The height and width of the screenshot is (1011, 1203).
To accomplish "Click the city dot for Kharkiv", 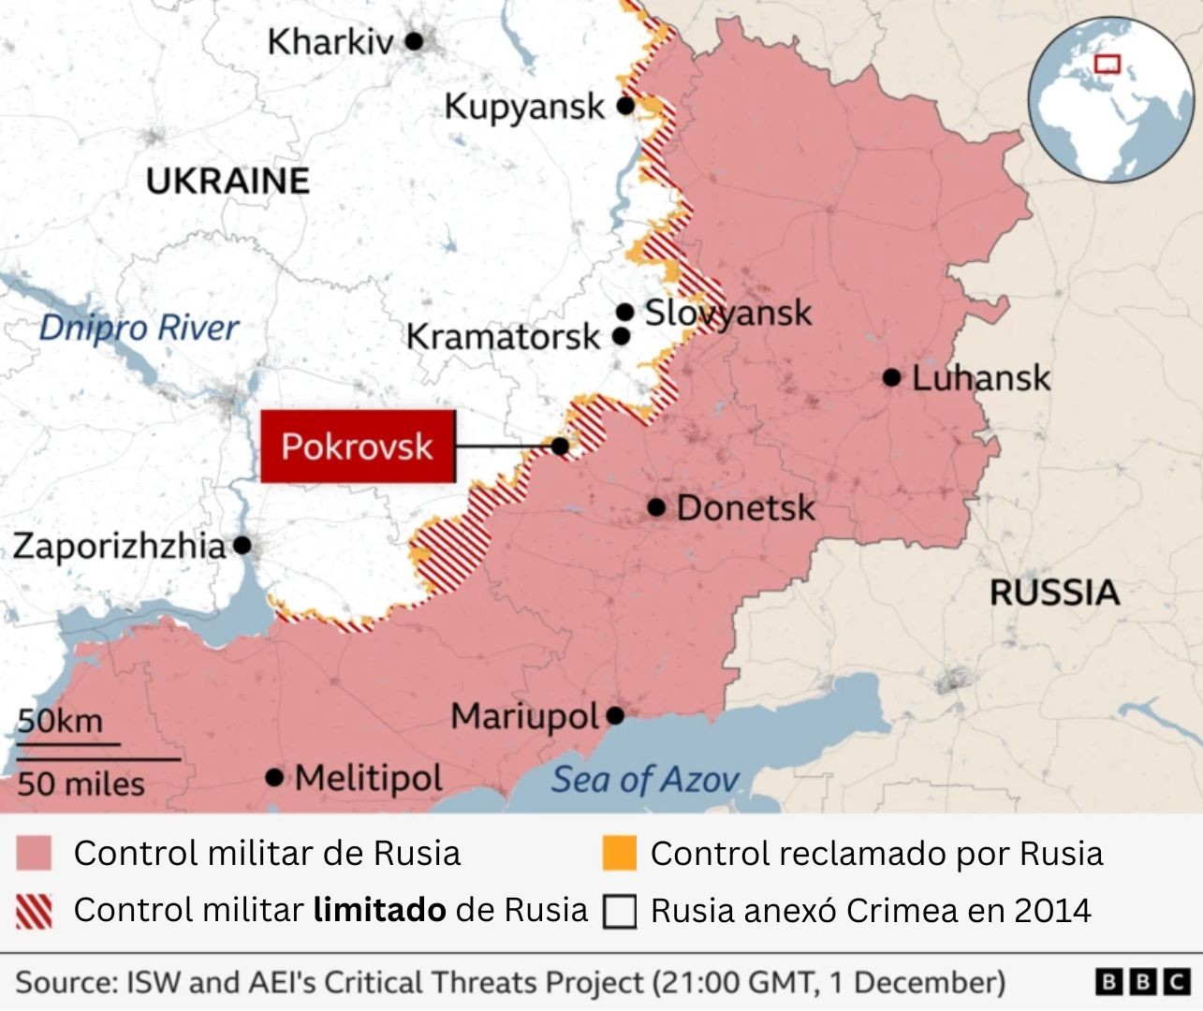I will point(414,41).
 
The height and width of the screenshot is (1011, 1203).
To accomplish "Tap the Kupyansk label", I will point(524,106).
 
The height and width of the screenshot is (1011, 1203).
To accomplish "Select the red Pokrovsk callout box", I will point(358,447).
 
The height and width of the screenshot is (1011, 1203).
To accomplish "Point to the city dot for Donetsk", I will point(656,507).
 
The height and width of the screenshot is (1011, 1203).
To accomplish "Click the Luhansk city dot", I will point(892,377).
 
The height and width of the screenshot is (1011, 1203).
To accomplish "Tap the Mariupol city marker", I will point(615,716).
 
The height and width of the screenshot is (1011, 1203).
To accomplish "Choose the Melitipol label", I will point(369,778).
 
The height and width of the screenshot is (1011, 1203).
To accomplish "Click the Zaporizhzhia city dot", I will point(242,544).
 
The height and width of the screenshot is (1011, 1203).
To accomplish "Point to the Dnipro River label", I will point(139,328).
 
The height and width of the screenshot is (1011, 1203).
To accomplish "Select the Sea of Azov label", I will point(644,779).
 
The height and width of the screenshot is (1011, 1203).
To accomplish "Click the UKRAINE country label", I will point(227,181).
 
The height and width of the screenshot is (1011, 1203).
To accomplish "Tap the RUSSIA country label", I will point(1054,593).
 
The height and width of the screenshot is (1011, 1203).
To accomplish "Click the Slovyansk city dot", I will point(624,312).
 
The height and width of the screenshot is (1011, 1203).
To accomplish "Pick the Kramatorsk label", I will point(503,336).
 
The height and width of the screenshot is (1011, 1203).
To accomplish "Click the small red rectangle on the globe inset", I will point(1108,64).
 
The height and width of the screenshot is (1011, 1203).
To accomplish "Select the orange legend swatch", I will point(619,853).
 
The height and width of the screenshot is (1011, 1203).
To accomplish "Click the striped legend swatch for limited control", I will point(34,910).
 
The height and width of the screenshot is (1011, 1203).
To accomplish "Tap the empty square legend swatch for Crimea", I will point(619,911).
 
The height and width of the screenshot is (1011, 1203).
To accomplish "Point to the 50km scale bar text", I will point(60,721).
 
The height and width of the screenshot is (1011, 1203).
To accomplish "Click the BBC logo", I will point(1142,981).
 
